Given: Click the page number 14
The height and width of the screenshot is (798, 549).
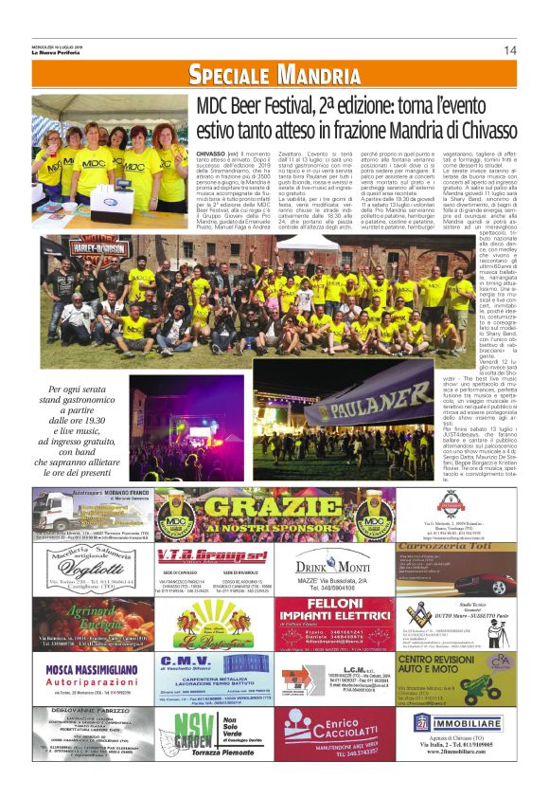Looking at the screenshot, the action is pos(509,50).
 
